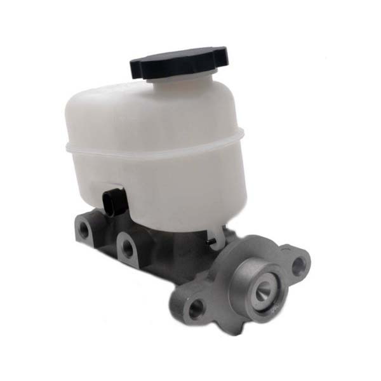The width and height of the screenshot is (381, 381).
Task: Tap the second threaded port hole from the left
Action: click(x=127, y=248)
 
